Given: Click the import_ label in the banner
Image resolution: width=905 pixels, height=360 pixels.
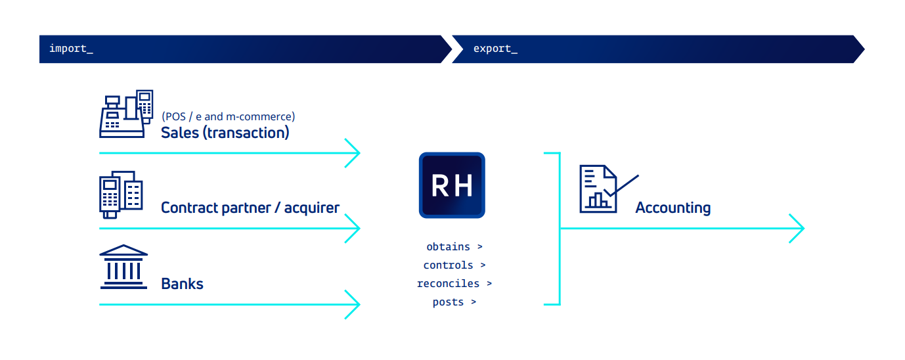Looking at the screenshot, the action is tap(71, 49).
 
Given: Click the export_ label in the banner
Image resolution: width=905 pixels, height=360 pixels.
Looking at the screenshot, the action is tap(495, 49).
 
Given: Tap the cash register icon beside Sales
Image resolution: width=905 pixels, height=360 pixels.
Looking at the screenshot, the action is tap(126, 114).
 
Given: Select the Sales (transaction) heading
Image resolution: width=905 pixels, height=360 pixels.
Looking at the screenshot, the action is tap(225, 133).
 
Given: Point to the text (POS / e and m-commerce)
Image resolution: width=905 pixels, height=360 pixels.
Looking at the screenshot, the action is tap(229, 117).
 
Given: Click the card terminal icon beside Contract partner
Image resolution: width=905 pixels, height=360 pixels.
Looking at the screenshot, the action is tap(121, 194).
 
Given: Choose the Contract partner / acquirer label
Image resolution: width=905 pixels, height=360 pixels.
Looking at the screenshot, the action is tap(250, 208).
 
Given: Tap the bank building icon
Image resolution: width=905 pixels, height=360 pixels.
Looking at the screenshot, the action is tap(123, 267).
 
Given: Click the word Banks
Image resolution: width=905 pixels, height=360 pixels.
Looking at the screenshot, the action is tap(182, 284).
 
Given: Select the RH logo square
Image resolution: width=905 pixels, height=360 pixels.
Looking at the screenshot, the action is tap(452, 185).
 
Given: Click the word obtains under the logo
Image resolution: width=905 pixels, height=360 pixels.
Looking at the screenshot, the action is tap(448, 247).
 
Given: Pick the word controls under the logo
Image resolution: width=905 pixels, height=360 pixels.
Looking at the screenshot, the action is tap(448, 265).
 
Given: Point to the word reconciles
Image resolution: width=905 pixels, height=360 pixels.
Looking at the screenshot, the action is tap(448, 284).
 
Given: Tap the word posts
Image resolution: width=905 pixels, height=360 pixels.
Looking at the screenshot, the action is tap(448, 302).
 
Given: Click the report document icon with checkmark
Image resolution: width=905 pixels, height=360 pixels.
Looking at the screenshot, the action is tap(609, 189).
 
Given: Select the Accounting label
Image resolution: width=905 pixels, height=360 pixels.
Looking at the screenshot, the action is tap(673, 208).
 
